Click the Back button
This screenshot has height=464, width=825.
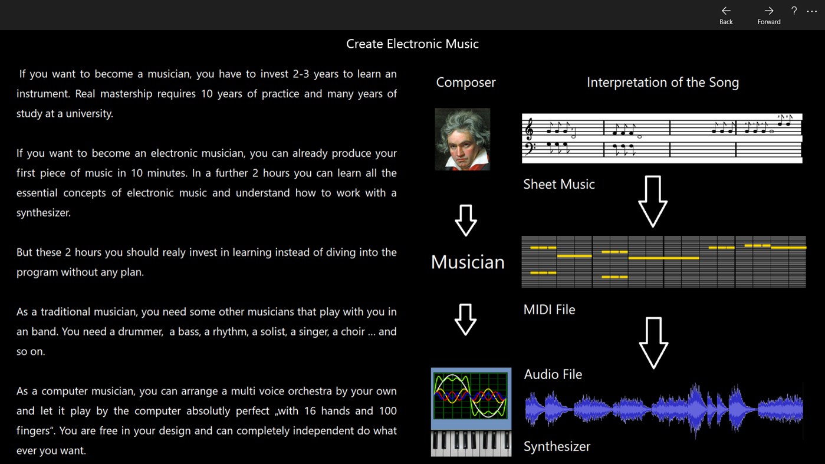point(726,15)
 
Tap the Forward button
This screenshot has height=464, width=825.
point(768,15)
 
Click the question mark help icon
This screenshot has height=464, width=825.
point(794,11)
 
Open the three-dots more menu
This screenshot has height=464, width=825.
point(812,11)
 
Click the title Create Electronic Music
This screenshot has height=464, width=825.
point(412,44)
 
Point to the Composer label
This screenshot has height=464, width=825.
point(465,83)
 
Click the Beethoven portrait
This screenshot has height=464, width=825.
point(462,139)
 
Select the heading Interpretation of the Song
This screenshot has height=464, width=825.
point(662,83)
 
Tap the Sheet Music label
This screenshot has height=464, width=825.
point(558,185)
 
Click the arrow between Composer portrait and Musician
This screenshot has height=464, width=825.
point(466,221)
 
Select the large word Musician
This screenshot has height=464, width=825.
point(468,262)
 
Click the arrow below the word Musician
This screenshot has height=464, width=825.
point(466,320)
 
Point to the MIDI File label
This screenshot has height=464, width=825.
point(549,310)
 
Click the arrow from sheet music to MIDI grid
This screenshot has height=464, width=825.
point(653,201)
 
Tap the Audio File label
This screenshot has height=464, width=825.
point(553,374)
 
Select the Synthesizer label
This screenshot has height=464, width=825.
point(557,446)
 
